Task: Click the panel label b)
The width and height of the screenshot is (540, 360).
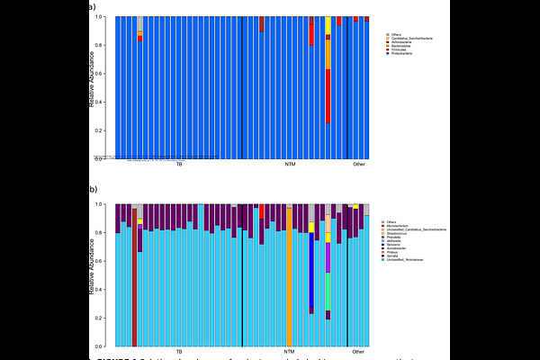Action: pos(93,190)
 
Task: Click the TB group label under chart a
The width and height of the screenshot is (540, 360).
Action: pos(179,165)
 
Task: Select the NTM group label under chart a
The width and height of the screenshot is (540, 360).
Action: pos(289,165)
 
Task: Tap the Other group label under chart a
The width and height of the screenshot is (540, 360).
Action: pos(359,165)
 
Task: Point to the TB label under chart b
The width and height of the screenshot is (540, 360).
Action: pos(179,351)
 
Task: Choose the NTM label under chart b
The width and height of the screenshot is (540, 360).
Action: pos(289,351)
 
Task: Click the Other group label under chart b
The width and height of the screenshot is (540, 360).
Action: pos(359,351)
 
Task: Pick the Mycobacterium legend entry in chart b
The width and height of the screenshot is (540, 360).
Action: pos(399,225)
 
